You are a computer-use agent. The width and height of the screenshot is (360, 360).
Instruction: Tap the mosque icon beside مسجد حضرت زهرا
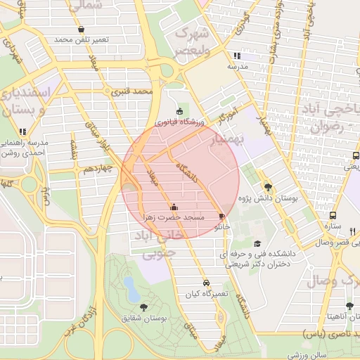point(174,207)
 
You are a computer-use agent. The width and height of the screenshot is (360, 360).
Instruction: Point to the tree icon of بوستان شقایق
point(143,307)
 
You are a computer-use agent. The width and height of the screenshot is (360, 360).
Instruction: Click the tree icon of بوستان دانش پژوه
point(267,187)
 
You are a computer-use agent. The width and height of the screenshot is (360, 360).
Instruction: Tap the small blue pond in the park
point(129,285)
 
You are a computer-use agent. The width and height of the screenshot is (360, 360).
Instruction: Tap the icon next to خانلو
point(222,217)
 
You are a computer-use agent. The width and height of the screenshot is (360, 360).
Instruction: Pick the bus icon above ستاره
point(333,216)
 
